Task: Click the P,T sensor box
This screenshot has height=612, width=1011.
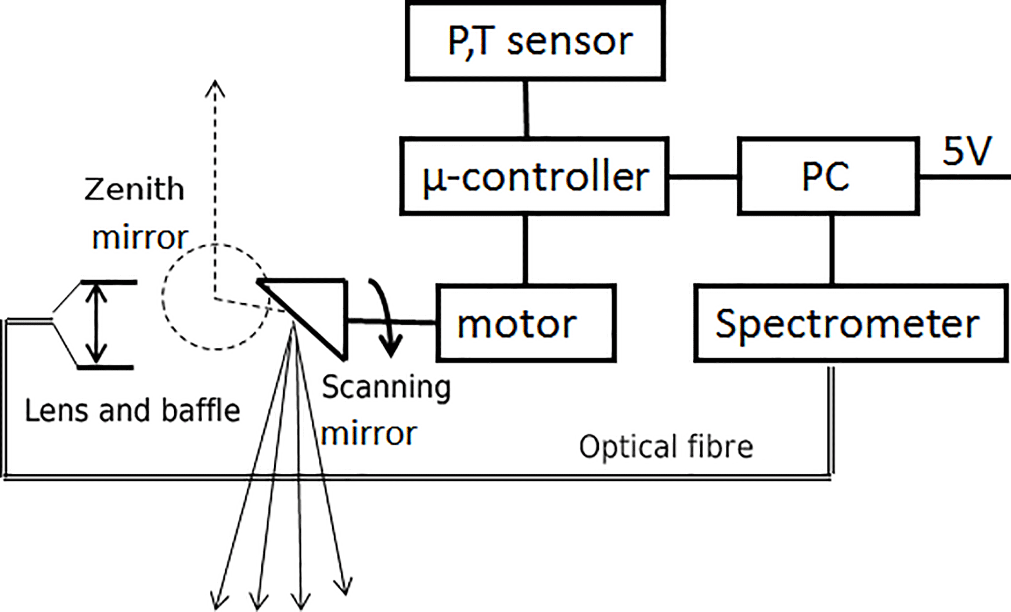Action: pos(535,41)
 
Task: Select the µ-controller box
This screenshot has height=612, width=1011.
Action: pos(534,177)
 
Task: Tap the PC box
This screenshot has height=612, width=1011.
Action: pos(828,177)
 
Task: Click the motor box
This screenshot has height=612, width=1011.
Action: pos(526,323)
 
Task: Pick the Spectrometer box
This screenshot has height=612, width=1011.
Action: pos(851,323)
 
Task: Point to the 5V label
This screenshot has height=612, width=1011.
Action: pos(966,152)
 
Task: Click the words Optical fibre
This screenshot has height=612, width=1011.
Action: pos(666,447)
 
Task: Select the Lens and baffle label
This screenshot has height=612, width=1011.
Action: pos(132,411)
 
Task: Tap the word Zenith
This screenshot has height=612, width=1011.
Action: pos(134,190)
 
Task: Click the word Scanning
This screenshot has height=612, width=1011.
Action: pos(386,387)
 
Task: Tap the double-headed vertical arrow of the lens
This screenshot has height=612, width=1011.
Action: pos(96,324)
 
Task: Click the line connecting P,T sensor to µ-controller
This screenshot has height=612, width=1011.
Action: pos(526,109)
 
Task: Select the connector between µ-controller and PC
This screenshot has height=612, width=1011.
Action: pos(703,177)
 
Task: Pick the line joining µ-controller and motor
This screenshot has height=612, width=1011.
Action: pos(526,250)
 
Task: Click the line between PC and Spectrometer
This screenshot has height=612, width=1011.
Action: pos(832,250)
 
